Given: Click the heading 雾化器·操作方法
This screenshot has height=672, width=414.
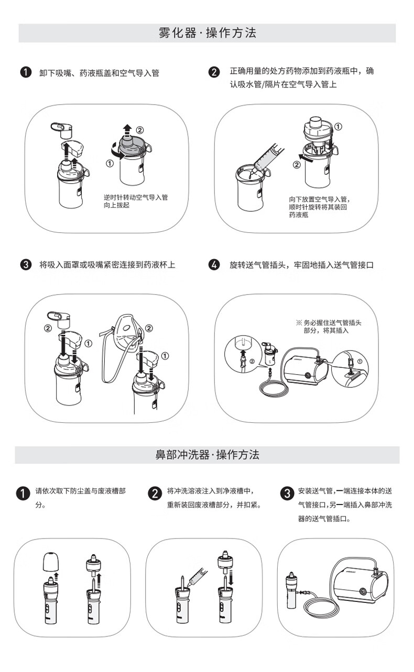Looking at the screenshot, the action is (208, 32).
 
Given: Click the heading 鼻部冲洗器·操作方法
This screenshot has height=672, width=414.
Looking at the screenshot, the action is (208, 454).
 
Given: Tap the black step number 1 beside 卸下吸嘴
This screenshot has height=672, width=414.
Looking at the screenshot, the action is (26, 72).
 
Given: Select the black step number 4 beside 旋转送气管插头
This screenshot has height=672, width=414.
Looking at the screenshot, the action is (214, 265).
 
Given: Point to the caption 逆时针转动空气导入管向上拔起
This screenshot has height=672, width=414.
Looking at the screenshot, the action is (136, 201).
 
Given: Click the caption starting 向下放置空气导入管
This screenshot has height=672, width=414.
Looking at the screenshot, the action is (319, 207).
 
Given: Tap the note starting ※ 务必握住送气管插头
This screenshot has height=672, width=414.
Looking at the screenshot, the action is (329, 327).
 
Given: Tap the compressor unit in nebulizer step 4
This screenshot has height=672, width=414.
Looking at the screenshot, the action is (305, 368).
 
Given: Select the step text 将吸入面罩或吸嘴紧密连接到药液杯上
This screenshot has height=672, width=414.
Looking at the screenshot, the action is (107, 265).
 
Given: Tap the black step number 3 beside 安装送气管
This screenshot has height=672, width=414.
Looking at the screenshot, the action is (287, 494).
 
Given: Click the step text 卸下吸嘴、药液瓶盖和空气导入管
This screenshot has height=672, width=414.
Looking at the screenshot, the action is (99, 73).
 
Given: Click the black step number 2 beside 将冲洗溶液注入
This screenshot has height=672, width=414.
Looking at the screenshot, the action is (155, 494).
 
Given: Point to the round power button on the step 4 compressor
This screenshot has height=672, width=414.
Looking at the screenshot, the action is (307, 375).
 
